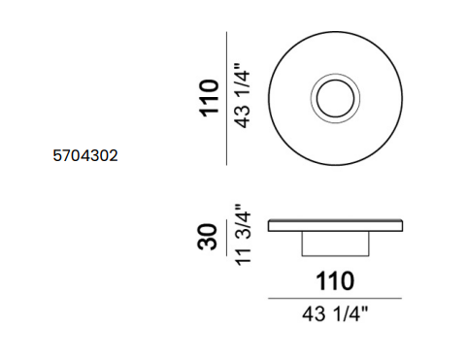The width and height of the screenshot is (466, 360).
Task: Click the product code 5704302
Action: (85, 155)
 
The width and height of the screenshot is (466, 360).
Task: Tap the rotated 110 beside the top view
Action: (210, 98)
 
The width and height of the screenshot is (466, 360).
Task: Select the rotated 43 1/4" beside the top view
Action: (242, 95)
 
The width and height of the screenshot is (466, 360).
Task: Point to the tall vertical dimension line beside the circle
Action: (226, 98)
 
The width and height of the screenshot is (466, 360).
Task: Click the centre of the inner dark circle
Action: (335, 98)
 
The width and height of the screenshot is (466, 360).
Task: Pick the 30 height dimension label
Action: (207, 237)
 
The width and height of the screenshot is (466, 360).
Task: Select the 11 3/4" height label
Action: (243, 235)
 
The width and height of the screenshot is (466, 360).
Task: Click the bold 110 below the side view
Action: (335, 281)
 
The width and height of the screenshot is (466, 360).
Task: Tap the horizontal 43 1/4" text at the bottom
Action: (335, 313)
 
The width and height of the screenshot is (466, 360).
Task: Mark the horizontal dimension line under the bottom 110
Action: (335, 298)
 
